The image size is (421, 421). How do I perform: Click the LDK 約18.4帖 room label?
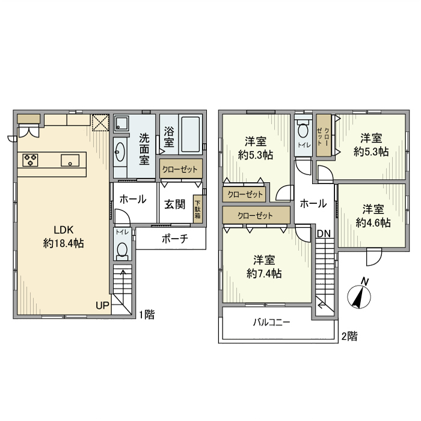pos(63,236)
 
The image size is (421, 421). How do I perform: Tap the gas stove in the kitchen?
pos(31,160)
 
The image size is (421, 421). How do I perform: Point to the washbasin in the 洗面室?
pos(119,150)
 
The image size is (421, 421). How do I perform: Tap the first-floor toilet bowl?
pos(122,250)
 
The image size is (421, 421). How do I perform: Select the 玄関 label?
pos(175,204)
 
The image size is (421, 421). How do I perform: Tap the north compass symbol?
pos(360,295)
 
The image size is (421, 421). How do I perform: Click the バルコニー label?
pos(271,322)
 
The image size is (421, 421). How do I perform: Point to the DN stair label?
pos(324,233)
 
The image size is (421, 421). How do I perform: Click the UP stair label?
pos(102,306)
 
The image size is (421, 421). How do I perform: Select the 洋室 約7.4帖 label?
pos(265,266)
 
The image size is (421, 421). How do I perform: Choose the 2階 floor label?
pos(349,336)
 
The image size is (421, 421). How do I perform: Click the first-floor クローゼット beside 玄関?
pos(180,170)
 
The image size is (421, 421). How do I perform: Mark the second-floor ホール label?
pos(313,204)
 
